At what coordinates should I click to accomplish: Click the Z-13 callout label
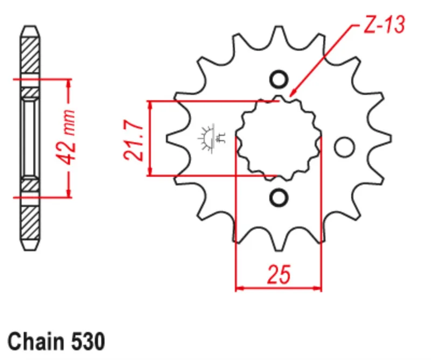click(383, 24)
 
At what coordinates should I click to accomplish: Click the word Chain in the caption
click(35, 342)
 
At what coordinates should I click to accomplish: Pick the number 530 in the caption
click(87, 342)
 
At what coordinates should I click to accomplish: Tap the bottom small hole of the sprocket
click(279, 197)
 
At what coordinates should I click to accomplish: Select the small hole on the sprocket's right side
click(343, 146)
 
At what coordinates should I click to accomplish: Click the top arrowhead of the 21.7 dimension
click(150, 104)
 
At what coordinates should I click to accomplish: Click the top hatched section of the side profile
click(30, 54)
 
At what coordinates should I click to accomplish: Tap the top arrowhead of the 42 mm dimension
click(69, 82)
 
